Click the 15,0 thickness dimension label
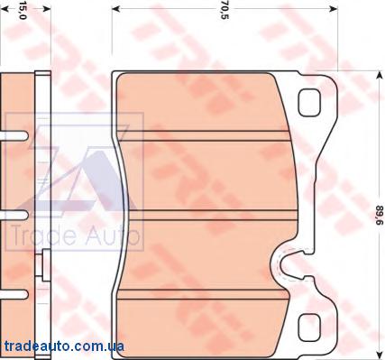[x=23, y=12]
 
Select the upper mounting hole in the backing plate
[x=308, y=103]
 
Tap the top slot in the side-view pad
[x=14, y=135]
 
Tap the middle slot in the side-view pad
[x=14, y=215]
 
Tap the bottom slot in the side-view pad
[x=14, y=294]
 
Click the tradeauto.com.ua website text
[x=64, y=346]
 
